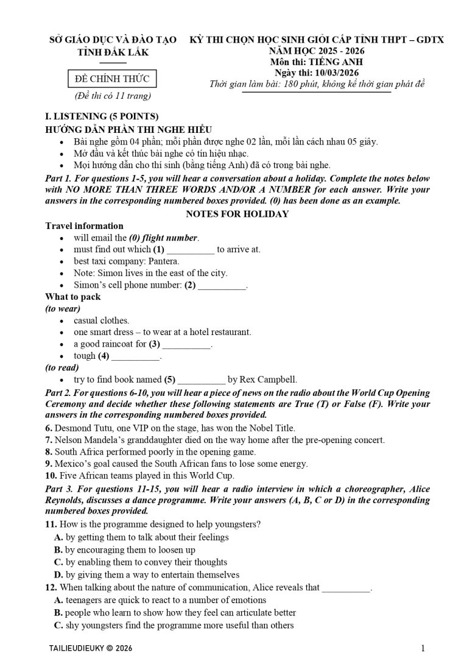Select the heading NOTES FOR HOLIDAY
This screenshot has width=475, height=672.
point(237,214)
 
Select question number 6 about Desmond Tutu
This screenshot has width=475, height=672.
point(49,428)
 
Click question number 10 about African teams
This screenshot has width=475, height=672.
point(50,476)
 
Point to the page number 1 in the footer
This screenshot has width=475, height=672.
point(423,648)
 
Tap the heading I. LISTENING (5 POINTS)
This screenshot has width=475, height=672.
point(102,116)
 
